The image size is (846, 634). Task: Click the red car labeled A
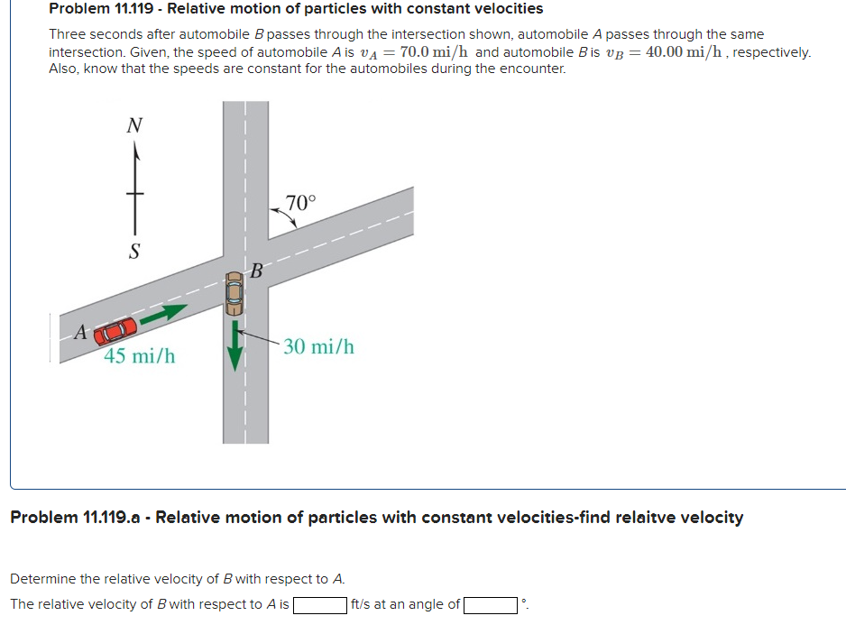pos(115,331)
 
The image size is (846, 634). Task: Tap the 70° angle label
pos(300,202)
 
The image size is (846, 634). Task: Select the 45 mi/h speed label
pos(139,356)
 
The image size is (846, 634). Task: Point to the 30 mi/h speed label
pos(318,346)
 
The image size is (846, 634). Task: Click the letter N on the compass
pos(134,126)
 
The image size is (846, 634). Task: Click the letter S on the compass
pos(134,250)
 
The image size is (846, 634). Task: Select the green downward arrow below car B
pos(234,346)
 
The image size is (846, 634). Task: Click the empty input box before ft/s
pos(319,604)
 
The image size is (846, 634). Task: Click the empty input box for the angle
pos(491,604)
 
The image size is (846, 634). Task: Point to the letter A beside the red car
pos(79,332)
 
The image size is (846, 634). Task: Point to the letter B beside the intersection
pos(256,270)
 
